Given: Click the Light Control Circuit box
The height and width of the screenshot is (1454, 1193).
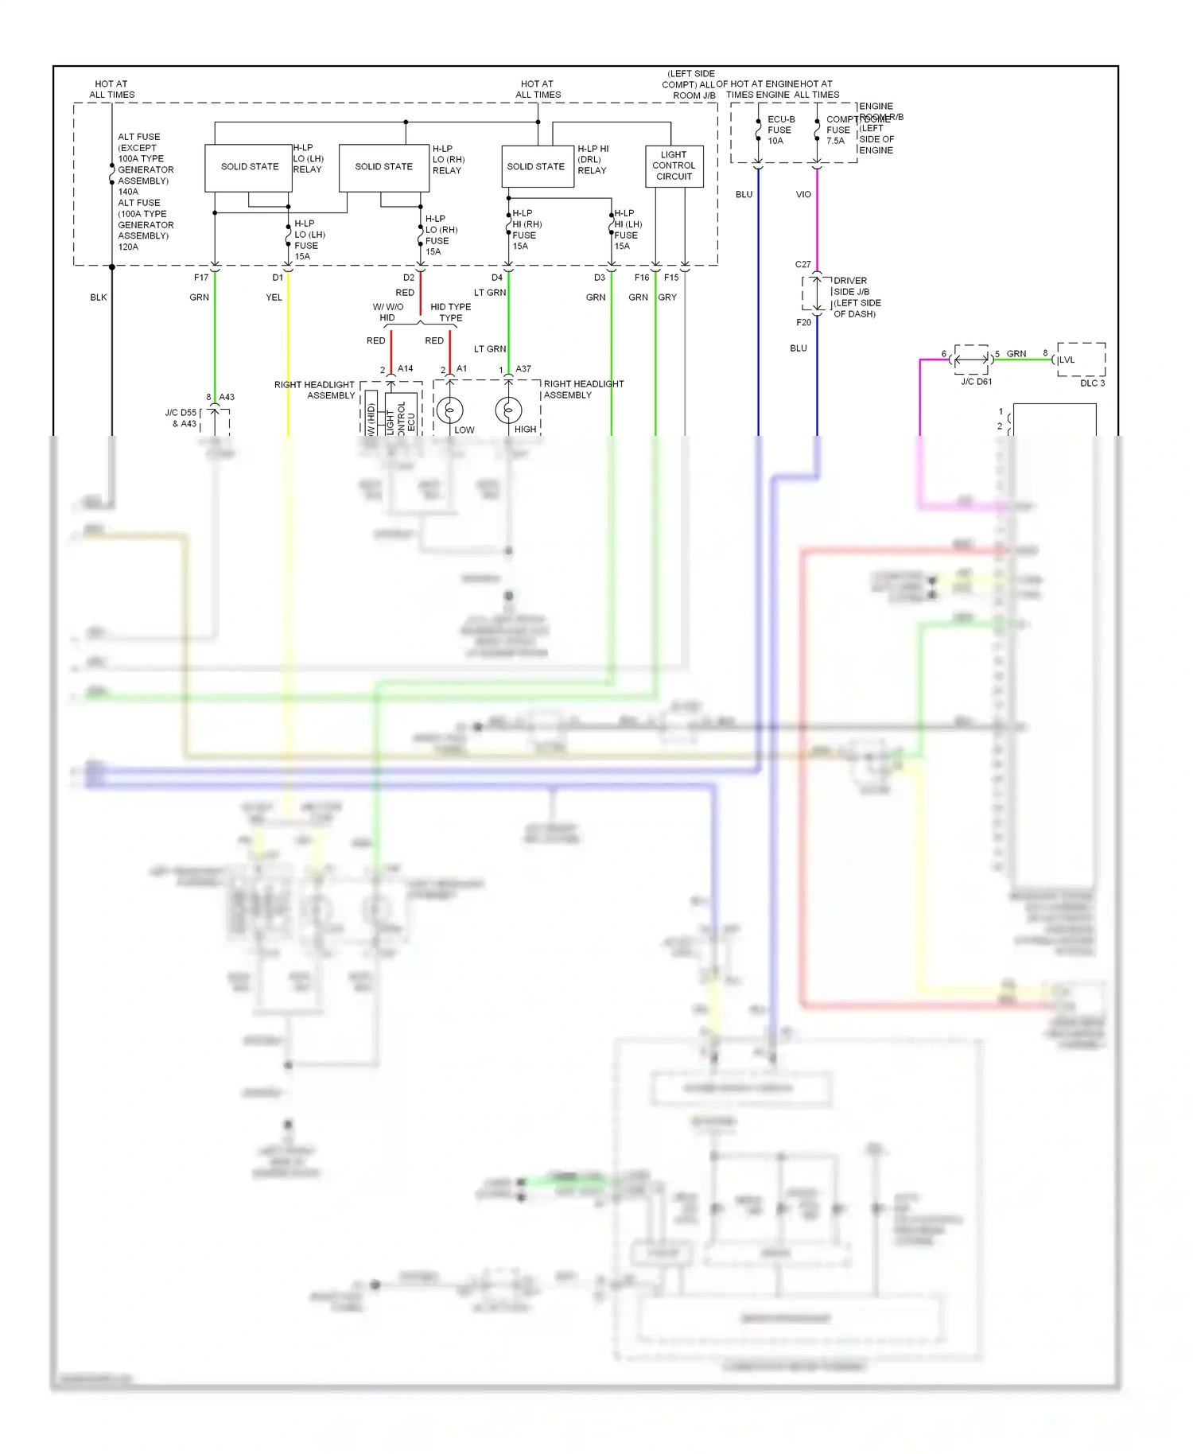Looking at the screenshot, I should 674,165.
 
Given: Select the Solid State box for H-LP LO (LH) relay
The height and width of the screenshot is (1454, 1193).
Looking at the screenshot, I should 249,167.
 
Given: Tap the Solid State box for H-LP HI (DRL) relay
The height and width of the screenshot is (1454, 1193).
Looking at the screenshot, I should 537,167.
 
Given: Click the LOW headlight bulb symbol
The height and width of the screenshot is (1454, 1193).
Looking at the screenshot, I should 449,410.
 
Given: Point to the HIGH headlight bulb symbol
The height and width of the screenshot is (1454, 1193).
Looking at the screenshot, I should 508,410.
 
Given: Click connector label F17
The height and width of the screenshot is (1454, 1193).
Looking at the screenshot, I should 201,278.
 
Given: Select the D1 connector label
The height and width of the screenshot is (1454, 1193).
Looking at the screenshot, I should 278,278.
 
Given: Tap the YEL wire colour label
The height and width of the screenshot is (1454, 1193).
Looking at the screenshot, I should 274,297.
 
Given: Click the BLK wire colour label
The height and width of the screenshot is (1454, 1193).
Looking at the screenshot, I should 99,297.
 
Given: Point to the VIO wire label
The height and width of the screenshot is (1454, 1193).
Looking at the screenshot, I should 803,194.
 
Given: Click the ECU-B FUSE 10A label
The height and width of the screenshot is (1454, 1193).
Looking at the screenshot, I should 779,130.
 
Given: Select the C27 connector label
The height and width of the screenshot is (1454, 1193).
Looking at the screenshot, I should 803,264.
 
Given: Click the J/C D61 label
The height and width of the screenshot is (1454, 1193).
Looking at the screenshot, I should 976,382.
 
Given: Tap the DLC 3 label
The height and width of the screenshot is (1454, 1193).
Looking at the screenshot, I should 1092,383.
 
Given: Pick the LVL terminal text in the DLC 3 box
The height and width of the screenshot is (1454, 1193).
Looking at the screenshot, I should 1067,360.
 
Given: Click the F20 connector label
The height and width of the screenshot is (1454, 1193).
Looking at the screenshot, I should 803,322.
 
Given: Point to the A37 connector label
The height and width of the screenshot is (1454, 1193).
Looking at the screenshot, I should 523,369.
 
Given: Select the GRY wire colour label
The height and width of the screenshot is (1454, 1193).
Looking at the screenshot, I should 667,297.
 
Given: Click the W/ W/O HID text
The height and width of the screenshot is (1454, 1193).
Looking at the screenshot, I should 387,312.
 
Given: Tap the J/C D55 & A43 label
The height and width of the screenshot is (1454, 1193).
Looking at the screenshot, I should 181,418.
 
